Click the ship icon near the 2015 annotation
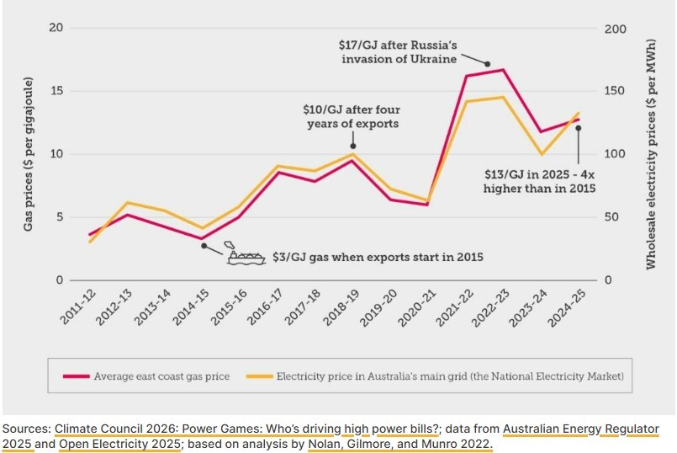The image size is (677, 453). pos(245,256)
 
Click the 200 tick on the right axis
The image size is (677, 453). pos(616,28)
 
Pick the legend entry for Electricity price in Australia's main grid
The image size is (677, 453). pos(436,376)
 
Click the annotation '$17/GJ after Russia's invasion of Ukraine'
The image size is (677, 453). pos(398,51)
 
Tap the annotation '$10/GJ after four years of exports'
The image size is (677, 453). pos(351,117)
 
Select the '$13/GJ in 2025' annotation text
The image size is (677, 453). pos(539,181)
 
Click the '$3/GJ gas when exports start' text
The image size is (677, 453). pos(378,256)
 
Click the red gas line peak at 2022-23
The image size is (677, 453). pos(503,70)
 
